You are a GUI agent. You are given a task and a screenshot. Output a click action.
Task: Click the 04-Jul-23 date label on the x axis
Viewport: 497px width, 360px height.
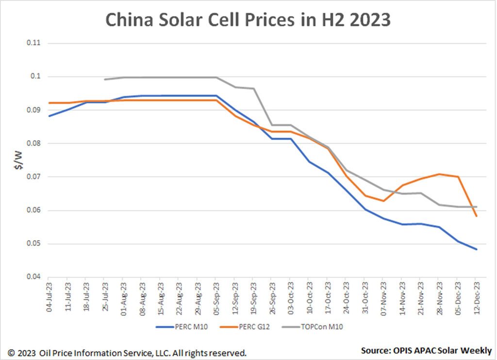pos(49,297)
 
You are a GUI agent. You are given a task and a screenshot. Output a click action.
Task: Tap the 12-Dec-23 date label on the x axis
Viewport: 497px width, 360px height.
pos(477,297)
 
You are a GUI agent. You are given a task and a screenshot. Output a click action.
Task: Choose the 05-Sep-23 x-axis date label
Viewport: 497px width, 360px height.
pos(216,297)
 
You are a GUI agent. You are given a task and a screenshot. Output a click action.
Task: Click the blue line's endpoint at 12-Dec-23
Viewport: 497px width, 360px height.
pos(477,249)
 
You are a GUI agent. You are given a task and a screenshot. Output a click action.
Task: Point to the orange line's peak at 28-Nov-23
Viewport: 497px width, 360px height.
pos(439,174)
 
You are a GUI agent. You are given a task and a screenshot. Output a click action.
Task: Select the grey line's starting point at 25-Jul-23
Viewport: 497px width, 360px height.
pos(105,79)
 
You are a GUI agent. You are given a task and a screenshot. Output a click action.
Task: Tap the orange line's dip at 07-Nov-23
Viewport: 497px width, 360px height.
pos(383,201)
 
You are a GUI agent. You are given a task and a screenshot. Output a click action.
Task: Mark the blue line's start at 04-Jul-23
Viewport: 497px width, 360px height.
pos(49,116)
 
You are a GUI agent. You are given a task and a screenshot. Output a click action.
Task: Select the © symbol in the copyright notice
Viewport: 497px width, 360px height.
pos(10,352)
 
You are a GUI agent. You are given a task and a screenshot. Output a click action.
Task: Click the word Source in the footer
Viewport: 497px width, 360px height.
pos(375,350)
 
